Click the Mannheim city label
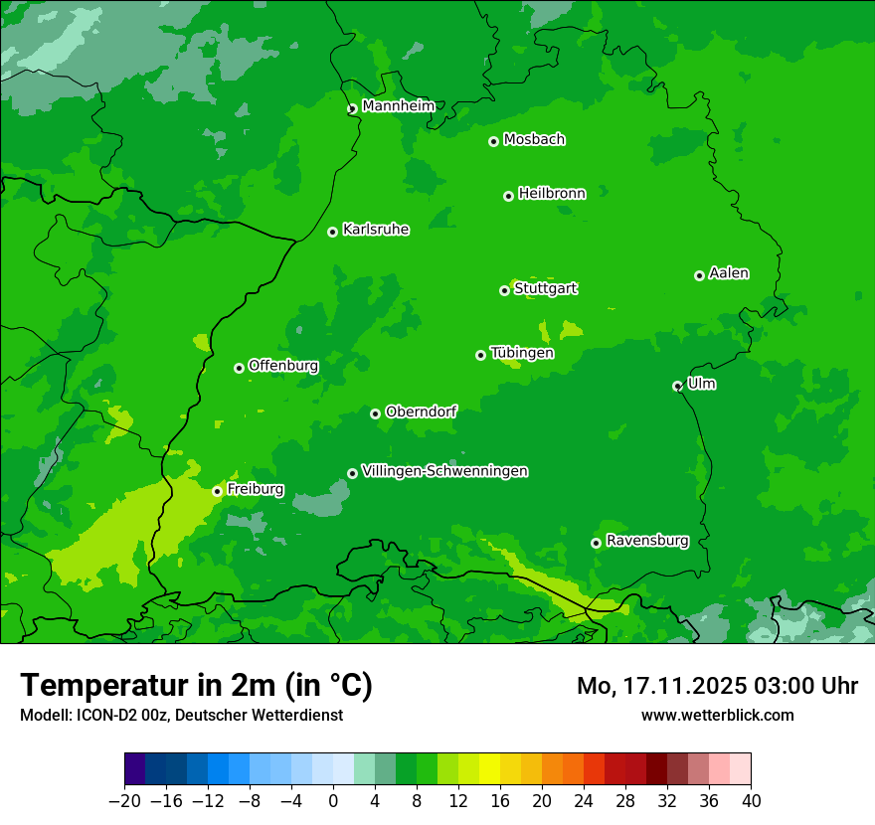click(398, 105)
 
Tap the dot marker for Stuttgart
click(504, 290)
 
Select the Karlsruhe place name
click(376, 230)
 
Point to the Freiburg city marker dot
click(217, 491)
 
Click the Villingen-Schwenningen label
click(444, 471)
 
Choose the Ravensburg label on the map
click(647, 541)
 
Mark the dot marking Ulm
click(677, 386)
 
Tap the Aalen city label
click(729, 273)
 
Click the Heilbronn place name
click(552, 194)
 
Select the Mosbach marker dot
click(493, 141)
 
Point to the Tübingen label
click(522, 353)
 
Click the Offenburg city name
click(283, 366)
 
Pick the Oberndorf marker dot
click(375, 413)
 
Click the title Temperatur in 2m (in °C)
click(196, 685)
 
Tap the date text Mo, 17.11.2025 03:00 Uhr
click(717, 686)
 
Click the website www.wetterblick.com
click(717, 715)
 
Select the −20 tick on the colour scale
click(124, 801)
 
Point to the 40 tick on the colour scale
click(751, 801)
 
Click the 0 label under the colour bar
click(333, 801)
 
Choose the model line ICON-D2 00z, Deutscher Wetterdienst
click(181, 715)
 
